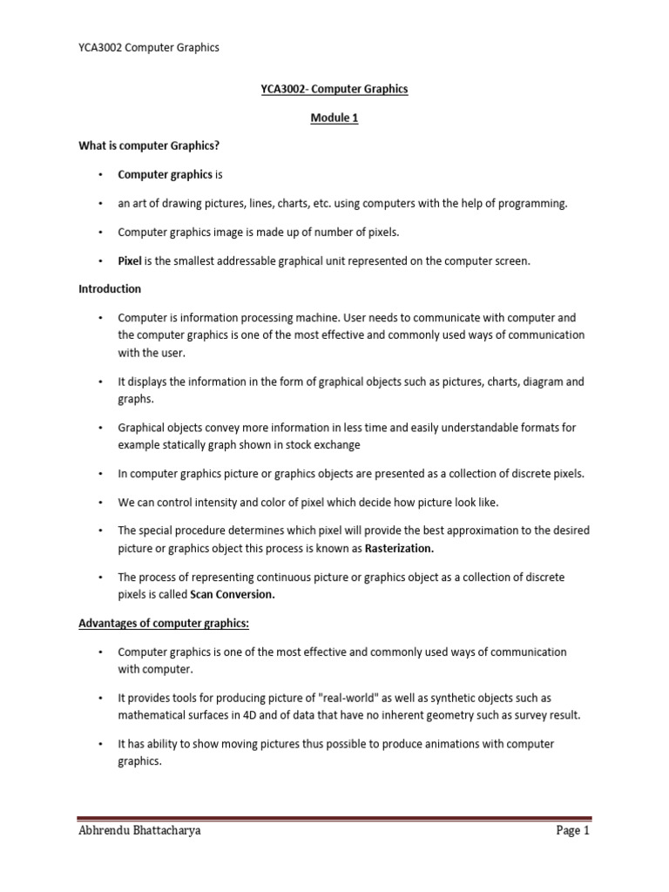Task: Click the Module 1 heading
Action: (x=334, y=118)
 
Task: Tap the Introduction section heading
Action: (x=110, y=288)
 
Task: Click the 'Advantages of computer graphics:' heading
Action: (x=164, y=624)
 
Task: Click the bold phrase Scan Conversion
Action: (x=233, y=595)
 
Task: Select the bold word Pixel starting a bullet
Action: (x=130, y=260)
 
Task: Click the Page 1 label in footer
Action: (x=573, y=831)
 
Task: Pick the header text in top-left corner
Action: (x=148, y=47)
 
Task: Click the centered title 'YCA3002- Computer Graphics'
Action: (x=334, y=89)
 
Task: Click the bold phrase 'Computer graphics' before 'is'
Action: (x=165, y=174)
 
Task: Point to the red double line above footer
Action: (x=334, y=818)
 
